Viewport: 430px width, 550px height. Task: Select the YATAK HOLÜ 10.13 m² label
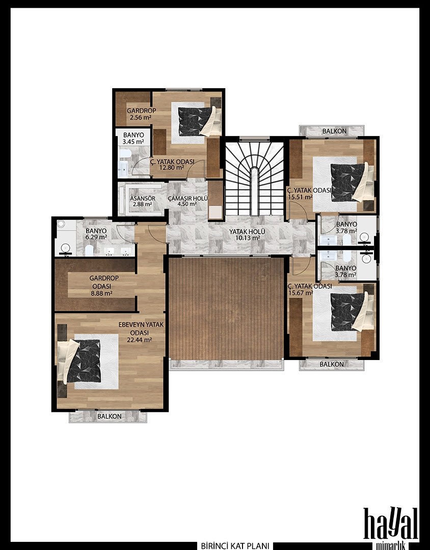click(247, 235)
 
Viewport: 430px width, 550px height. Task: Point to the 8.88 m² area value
click(101, 293)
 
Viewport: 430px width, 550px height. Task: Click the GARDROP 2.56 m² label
click(141, 114)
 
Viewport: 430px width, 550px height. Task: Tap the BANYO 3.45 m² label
click(133, 138)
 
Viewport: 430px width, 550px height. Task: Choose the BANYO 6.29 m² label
click(96, 234)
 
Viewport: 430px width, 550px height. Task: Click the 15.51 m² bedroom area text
click(300, 197)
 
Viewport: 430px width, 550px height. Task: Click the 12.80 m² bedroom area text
click(172, 168)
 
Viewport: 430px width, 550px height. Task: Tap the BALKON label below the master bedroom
click(109, 417)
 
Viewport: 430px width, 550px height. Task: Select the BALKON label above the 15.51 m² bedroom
click(334, 131)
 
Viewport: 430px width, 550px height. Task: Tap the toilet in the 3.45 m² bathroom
click(125, 154)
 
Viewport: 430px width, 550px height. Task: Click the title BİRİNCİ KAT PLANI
click(235, 546)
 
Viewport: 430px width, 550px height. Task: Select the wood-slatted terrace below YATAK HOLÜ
click(226, 308)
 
